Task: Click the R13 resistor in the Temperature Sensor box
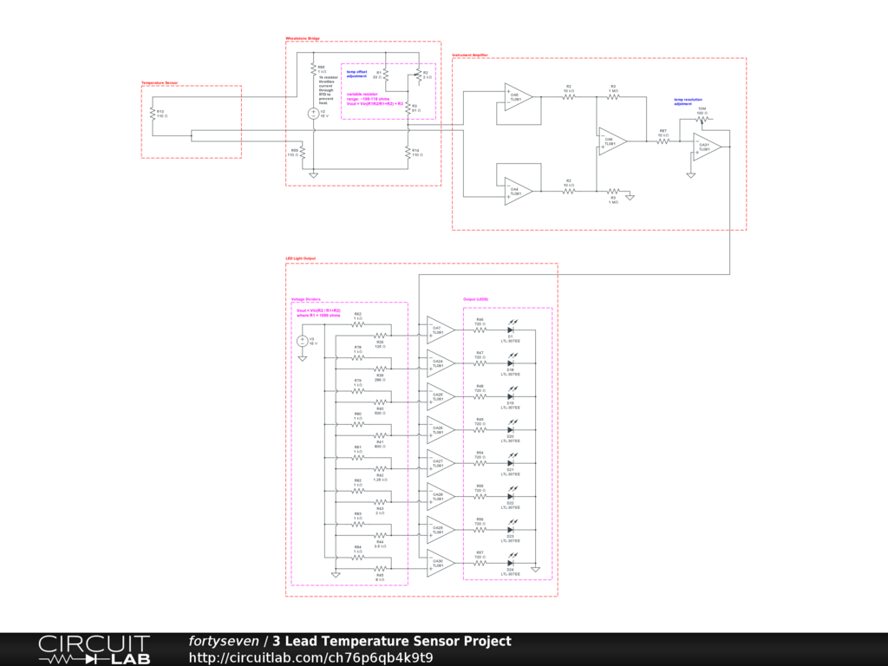[x=153, y=115]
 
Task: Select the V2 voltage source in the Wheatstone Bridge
[x=313, y=113]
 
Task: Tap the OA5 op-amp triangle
[x=518, y=96]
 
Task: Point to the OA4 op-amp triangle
[x=518, y=191]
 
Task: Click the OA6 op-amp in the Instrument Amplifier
[x=611, y=140]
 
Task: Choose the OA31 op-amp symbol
[x=707, y=147]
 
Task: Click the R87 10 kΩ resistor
[x=663, y=140]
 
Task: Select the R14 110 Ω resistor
[x=408, y=153]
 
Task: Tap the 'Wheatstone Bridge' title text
[x=303, y=38]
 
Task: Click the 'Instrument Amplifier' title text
[x=470, y=55]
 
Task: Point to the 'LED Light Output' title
[x=302, y=258]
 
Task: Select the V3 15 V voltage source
[x=302, y=341]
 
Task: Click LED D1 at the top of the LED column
[x=510, y=330]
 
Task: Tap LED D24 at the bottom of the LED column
[x=510, y=563]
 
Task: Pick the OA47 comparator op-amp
[x=440, y=330]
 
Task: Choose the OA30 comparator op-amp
[x=440, y=563]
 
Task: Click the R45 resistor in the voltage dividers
[x=380, y=570]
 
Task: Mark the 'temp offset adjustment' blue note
[x=357, y=73]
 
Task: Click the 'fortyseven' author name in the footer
[x=224, y=642]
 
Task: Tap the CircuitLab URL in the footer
[x=310, y=657]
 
